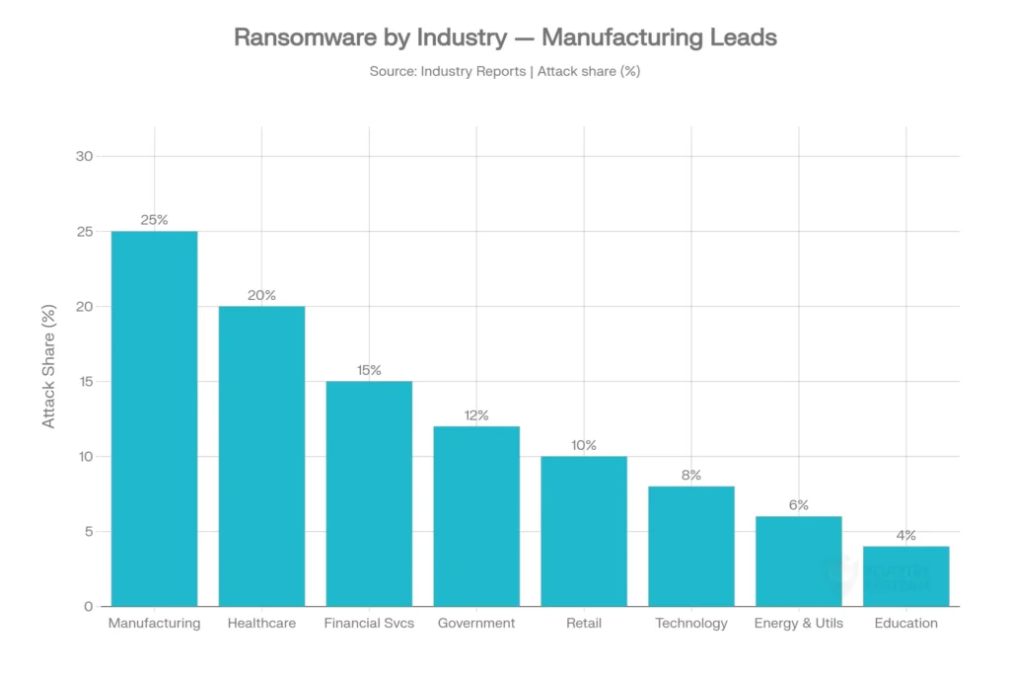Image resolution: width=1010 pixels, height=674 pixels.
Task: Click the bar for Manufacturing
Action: point(154,418)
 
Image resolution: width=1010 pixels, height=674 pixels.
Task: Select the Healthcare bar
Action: point(261,456)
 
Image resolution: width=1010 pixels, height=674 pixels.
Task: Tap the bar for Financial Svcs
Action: point(369,493)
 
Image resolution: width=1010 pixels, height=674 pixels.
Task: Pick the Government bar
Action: point(476,516)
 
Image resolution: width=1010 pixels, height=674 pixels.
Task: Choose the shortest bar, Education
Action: point(906,576)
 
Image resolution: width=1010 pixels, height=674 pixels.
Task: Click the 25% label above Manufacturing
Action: point(154,220)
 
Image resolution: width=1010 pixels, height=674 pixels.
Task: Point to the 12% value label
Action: point(476,415)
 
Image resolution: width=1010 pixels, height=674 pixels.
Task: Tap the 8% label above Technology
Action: point(691,476)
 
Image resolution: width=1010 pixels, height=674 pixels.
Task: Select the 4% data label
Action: point(906,536)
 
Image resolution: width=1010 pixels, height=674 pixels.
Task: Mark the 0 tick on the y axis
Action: point(88,606)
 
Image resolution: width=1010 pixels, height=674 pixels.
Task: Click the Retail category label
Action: point(584,624)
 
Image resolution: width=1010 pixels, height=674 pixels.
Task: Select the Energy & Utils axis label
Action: point(799,624)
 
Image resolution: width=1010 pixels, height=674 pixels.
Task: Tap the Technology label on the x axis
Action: point(691,624)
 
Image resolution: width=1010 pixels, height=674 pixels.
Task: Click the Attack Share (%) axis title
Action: point(49,365)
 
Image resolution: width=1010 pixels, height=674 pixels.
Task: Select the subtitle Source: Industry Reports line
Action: point(504,71)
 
